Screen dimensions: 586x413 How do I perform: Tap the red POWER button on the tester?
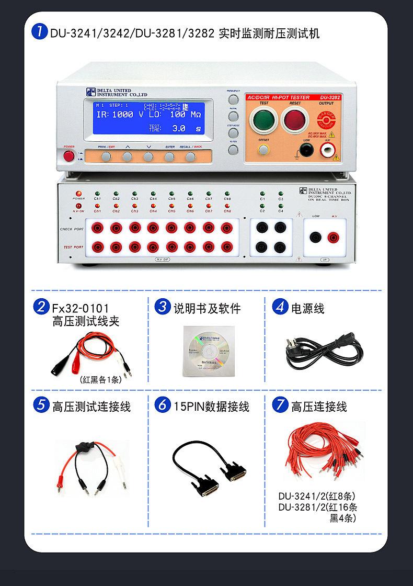click(x=68, y=156)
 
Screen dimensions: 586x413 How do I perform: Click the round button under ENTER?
click(x=169, y=156)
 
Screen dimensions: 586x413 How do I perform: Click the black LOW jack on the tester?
click(x=307, y=151)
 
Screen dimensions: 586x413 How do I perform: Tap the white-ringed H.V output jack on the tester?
click(x=328, y=151)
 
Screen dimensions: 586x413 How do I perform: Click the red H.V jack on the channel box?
click(x=332, y=238)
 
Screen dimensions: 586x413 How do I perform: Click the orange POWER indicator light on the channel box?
click(x=78, y=194)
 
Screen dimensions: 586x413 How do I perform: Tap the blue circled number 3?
click(x=163, y=307)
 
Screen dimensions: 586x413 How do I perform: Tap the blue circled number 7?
click(x=281, y=405)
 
